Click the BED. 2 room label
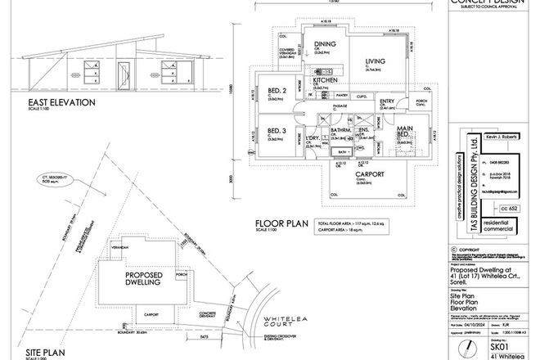click(277, 90)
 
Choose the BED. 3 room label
click(277, 131)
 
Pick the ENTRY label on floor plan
click(387, 102)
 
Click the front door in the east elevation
click(124, 76)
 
